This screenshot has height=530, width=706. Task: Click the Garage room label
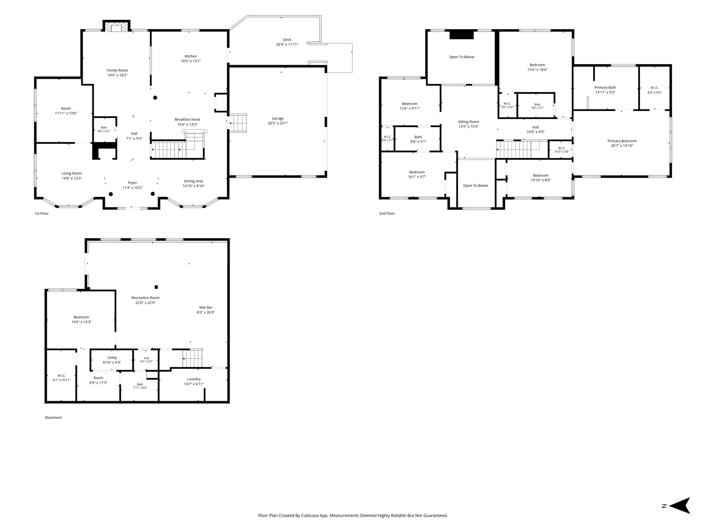278,119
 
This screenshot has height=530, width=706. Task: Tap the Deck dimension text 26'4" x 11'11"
287,45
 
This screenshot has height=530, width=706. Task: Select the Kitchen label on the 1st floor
191,56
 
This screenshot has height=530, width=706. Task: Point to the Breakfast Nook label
187,120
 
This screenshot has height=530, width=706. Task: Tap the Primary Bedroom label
622,141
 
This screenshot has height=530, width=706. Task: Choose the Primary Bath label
605,88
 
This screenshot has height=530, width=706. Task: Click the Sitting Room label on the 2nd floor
468,122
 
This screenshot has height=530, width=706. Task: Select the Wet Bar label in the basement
206,307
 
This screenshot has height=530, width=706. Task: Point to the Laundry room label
194,379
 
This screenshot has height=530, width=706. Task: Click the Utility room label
112,358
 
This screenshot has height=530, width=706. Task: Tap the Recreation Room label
145,298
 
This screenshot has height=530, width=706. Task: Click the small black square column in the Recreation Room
156,287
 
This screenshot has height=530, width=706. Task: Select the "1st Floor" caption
42,214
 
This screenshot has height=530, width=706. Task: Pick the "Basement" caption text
53,418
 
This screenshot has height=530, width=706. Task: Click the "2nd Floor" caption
387,214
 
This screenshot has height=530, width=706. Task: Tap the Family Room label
117,70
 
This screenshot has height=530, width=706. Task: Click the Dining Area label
193,181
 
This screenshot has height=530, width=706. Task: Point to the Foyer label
132,183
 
